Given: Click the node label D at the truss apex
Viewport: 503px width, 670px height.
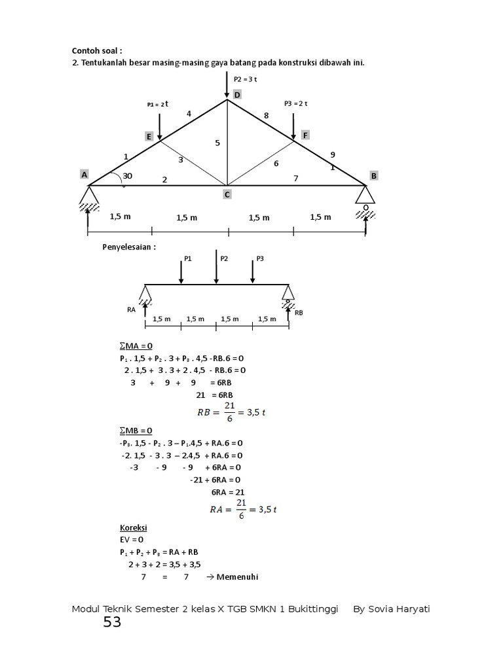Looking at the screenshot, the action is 237,95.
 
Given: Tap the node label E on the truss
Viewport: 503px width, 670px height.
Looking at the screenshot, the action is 149,136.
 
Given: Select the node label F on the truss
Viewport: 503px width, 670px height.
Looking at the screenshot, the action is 305,135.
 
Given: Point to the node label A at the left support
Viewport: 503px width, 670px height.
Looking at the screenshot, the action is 84,174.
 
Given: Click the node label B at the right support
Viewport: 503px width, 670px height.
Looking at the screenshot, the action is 374,175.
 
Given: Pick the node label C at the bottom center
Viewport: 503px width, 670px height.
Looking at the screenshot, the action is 227,194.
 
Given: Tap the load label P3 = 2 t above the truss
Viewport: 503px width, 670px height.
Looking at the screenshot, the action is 296,103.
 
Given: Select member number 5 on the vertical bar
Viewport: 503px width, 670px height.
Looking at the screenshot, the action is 217,142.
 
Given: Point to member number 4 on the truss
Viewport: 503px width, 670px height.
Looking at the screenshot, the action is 189,114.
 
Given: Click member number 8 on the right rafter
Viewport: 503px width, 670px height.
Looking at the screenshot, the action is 266,115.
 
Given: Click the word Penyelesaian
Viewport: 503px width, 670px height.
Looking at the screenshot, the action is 129,247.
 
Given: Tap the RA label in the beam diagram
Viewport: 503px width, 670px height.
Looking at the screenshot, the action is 131,310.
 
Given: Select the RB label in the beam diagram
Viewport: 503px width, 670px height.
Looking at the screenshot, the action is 299,313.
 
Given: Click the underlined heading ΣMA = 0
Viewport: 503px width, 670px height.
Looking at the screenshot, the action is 136,345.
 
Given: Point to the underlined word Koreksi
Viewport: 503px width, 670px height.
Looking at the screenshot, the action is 133,527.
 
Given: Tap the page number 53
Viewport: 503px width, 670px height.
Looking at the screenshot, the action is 112,622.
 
